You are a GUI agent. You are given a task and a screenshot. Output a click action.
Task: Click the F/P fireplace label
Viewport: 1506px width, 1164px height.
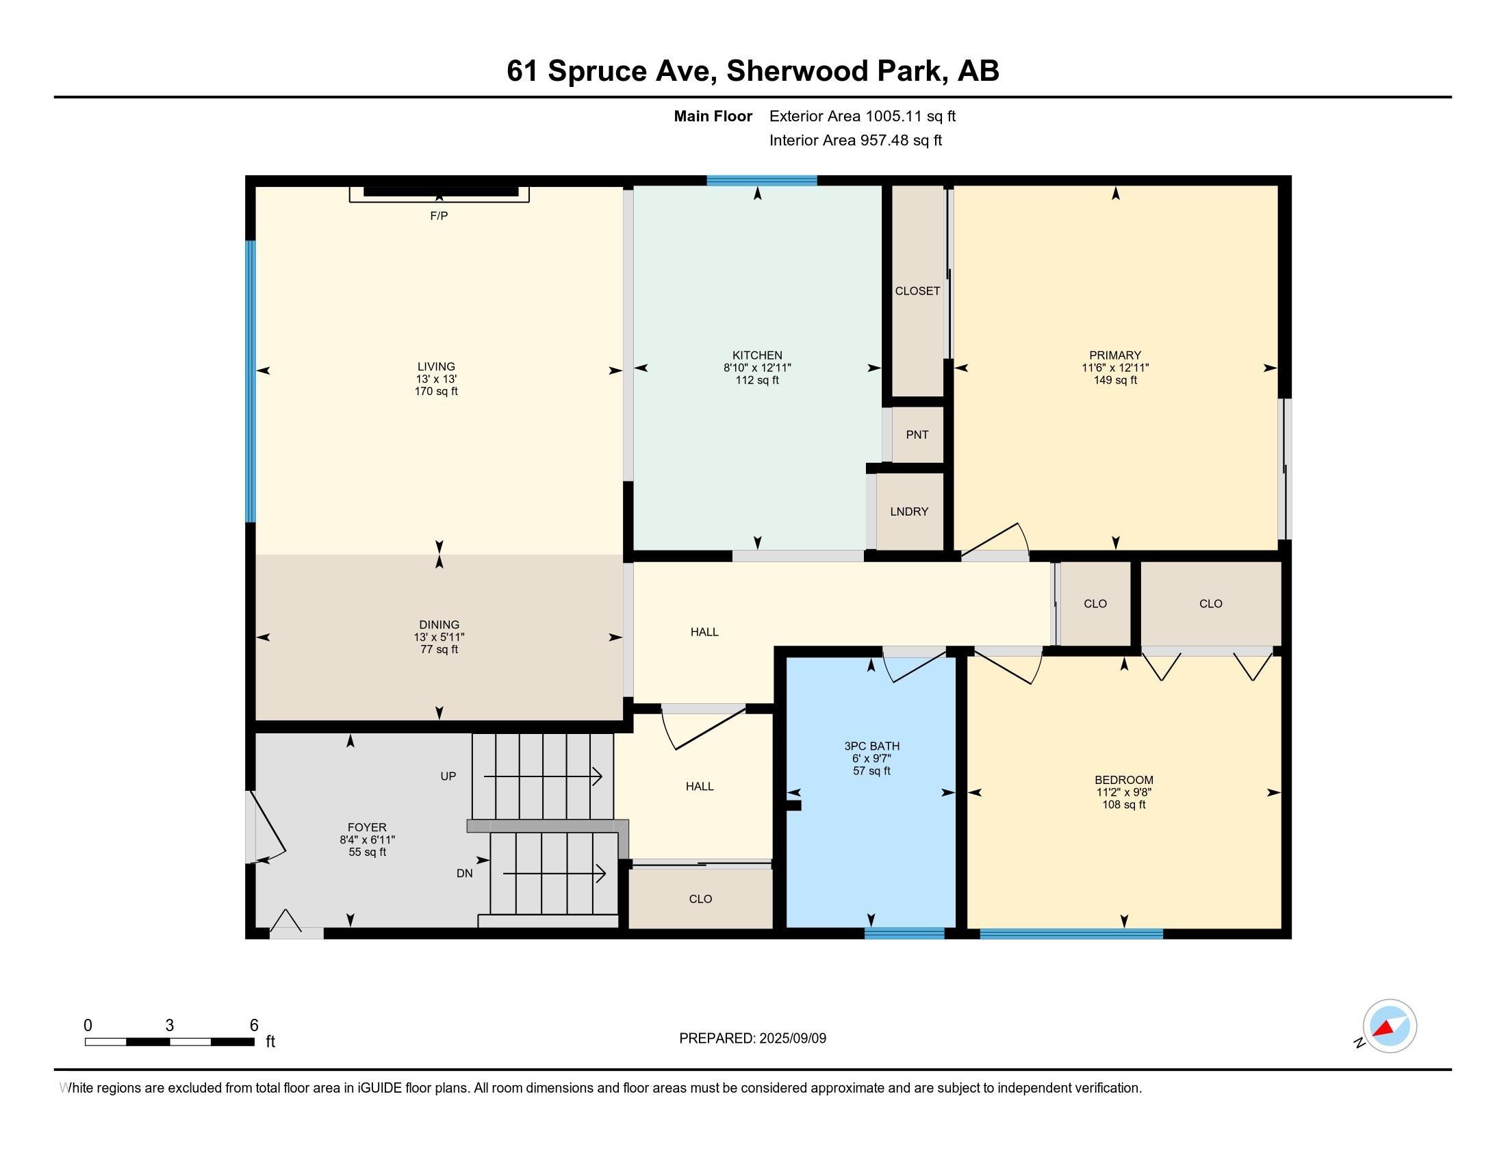click(x=439, y=216)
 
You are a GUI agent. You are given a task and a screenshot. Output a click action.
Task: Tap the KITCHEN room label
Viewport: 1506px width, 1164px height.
click(x=757, y=356)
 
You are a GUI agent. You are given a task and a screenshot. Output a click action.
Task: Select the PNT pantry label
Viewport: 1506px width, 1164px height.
click(x=917, y=434)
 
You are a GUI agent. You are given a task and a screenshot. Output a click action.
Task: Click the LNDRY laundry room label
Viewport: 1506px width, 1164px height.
click(x=909, y=511)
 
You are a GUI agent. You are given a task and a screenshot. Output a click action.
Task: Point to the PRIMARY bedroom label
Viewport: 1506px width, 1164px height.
click(x=1115, y=356)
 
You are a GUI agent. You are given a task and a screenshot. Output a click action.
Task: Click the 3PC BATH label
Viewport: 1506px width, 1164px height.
click(x=871, y=746)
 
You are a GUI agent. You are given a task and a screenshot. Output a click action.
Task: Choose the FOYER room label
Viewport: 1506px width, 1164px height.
click(x=367, y=828)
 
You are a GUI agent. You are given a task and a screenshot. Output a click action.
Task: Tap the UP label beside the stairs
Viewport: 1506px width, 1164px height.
click(x=448, y=776)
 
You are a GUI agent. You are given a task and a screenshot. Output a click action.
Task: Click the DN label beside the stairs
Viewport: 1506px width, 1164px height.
click(x=464, y=873)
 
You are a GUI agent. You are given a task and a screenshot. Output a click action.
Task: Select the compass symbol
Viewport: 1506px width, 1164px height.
click(x=1389, y=1026)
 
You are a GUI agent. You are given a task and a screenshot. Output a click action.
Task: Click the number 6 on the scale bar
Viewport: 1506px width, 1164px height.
click(x=254, y=1025)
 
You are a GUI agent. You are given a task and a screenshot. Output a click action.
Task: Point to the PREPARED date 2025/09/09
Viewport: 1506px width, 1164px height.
click(x=792, y=1039)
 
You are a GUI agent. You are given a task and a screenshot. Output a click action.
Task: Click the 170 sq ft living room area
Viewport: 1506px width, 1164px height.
click(x=436, y=391)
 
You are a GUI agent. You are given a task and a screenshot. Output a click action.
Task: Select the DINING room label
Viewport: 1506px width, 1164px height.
click(x=439, y=624)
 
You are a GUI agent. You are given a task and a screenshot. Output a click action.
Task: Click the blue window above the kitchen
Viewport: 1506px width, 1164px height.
click(x=761, y=181)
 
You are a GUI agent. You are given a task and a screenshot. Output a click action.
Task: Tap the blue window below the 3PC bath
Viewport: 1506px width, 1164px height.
click(x=904, y=934)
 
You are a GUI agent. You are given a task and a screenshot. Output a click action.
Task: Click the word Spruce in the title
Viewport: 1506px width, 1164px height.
click(x=596, y=71)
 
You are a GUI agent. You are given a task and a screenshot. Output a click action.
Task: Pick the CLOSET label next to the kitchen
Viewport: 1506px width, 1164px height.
click(x=917, y=291)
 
